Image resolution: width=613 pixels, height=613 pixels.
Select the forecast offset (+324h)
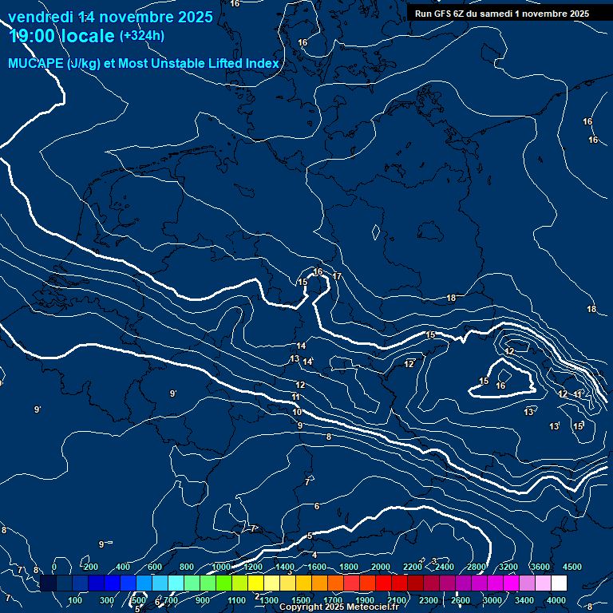point(142,36)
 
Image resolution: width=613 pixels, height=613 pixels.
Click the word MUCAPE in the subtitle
point(36,64)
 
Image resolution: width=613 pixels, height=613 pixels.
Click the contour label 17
point(337,277)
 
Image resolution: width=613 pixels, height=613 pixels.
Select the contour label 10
point(297,413)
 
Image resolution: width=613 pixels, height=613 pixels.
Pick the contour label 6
point(317,506)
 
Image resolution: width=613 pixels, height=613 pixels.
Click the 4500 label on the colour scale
point(571,567)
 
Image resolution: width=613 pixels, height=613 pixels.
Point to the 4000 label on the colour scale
point(556,600)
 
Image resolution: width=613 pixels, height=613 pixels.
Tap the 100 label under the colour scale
point(76,600)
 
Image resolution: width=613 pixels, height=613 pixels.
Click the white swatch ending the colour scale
point(559,583)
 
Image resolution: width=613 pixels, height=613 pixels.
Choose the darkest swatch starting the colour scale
point(48,583)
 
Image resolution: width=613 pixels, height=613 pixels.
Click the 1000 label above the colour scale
point(221,567)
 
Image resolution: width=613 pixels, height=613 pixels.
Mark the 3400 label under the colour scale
point(524,600)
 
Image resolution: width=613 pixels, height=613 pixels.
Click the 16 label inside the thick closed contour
point(500,386)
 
